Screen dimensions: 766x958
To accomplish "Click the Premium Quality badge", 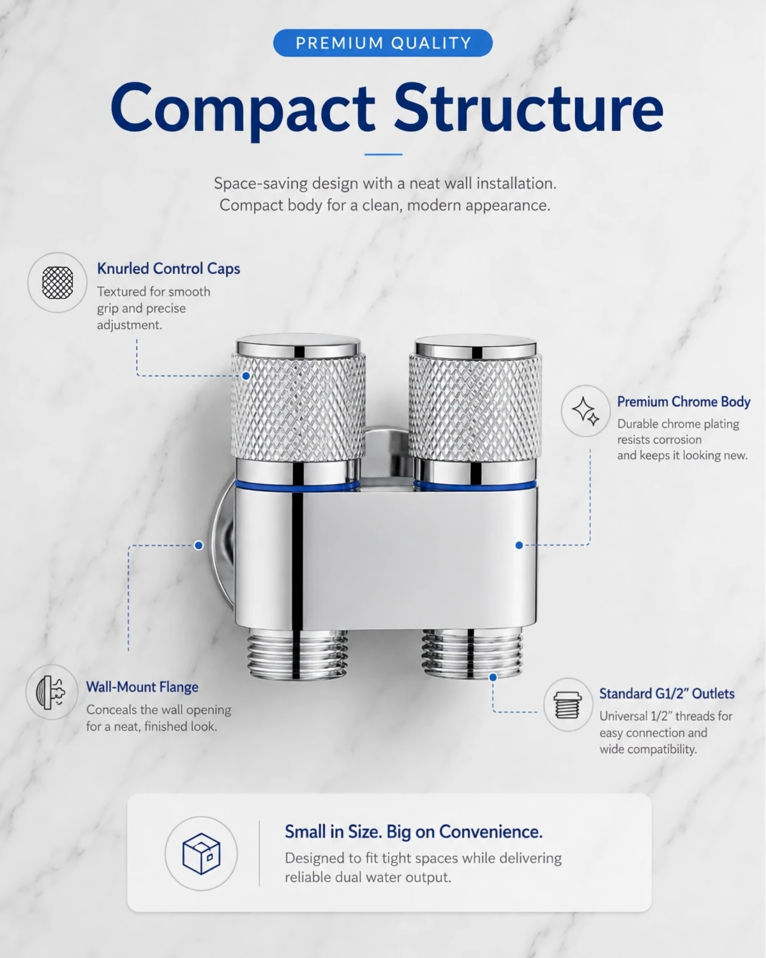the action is (x=383, y=43).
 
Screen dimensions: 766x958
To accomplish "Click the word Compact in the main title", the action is (x=243, y=109).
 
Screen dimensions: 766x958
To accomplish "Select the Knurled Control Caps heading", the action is (x=169, y=268).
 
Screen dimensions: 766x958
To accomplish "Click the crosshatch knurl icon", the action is (x=57, y=282).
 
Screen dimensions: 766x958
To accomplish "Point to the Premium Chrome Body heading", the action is (x=684, y=402).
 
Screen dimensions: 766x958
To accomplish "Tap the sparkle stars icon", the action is (x=585, y=411).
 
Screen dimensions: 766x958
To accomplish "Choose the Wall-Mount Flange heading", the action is (x=142, y=687).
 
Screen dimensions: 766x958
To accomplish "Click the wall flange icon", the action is (x=51, y=692).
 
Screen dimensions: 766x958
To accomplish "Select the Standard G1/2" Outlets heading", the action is (x=667, y=693).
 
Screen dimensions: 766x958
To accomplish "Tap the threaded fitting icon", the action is (x=567, y=704).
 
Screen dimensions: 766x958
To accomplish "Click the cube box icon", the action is (x=201, y=853).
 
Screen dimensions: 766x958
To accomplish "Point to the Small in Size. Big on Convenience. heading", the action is (x=414, y=832).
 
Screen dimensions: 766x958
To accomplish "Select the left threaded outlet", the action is (x=297, y=655).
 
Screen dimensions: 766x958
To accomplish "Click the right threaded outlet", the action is (x=472, y=653).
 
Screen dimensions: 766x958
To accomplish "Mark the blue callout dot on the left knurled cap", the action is (x=246, y=376).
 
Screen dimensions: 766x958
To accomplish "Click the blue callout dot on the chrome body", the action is (x=519, y=545).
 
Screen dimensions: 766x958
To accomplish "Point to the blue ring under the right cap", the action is (x=475, y=484).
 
